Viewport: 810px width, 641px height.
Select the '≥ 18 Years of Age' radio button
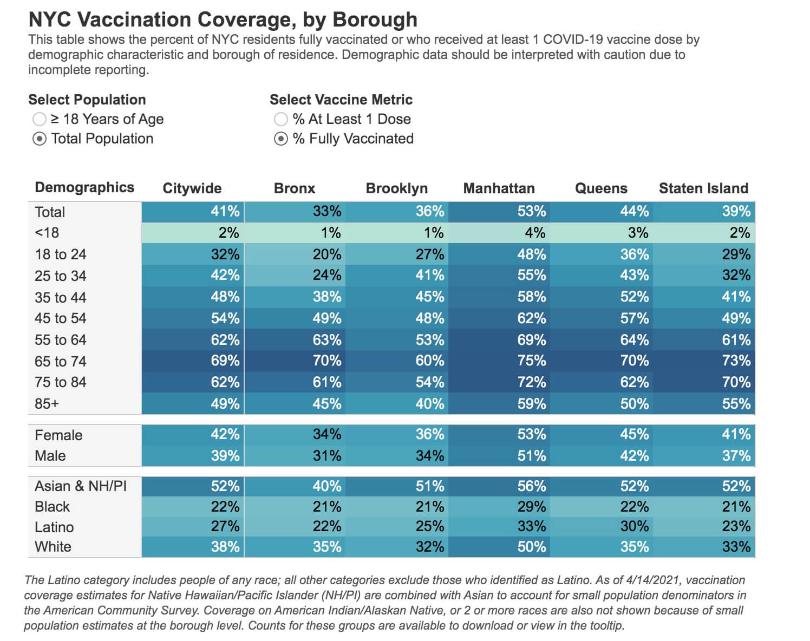click(x=39, y=119)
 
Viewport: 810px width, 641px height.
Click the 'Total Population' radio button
click(x=39, y=139)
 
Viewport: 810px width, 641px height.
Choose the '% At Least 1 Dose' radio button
click(x=281, y=119)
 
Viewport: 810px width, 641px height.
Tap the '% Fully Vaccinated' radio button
click(x=281, y=139)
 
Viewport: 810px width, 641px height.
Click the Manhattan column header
click(x=499, y=188)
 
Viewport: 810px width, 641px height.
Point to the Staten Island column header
click(x=703, y=188)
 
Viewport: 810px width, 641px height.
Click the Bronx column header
click(x=295, y=188)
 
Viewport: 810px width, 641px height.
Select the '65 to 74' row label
click(x=60, y=361)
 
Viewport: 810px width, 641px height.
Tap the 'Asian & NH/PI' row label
click(x=81, y=486)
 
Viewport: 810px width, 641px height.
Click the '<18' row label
click(x=47, y=233)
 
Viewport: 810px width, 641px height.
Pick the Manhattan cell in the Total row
click(x=499, y=212)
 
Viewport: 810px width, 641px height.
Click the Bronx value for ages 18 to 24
click(x=295, y=254)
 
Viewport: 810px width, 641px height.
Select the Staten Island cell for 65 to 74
click(x=704, y=361)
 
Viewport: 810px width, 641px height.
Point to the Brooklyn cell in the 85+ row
click(x=397, y=404)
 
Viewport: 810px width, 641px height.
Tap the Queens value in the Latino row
click(x=602, y=526)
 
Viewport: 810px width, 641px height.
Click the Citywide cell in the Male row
click(x=193, y=456)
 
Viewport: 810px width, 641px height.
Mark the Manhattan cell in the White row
click(x=499, y=546)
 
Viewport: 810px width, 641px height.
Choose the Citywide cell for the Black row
click(x=193, y=507)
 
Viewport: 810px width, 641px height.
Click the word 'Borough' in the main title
click(x=375, y=19)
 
